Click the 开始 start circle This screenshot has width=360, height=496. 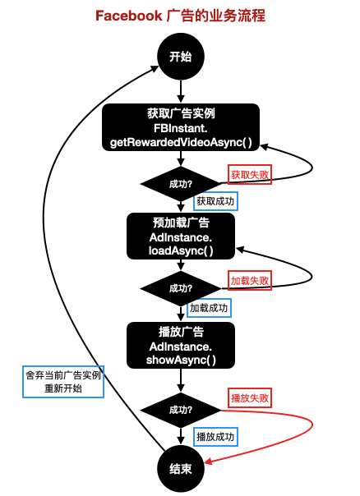pyautogui.click(x=180, y=57)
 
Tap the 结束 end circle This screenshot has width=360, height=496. pyautogui.click(x=180, y=468)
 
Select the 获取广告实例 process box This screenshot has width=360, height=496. pyautogui.click(x=180, y=128)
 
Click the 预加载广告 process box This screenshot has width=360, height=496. pyautogui.click(x=180, y=237)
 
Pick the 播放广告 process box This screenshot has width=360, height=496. pyautogui.click(x=180, y=346)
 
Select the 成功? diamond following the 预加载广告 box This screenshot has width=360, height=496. pyautogui.click(x=180, y=288)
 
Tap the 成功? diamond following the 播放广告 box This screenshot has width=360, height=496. pyautogui.click(x=180, y=409)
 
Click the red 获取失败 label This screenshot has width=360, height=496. pyautogui.click(x=249, y=174)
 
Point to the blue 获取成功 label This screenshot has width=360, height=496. pyautogui.click(x=215, y=200)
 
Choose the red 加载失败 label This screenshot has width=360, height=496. pyautogui.click(x=249, y=280)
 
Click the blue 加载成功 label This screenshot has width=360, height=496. pyautogui.click(x=209, y=309)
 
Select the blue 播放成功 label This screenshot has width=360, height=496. pyautogui.click(x=215, y=436)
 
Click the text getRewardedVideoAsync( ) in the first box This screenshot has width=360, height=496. pyautogui.click(x=180, y=143)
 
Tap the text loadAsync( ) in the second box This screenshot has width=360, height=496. pyautogui.click(x=180, y=251)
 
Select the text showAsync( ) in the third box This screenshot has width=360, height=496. pyautogui.click(x=180, y=361)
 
